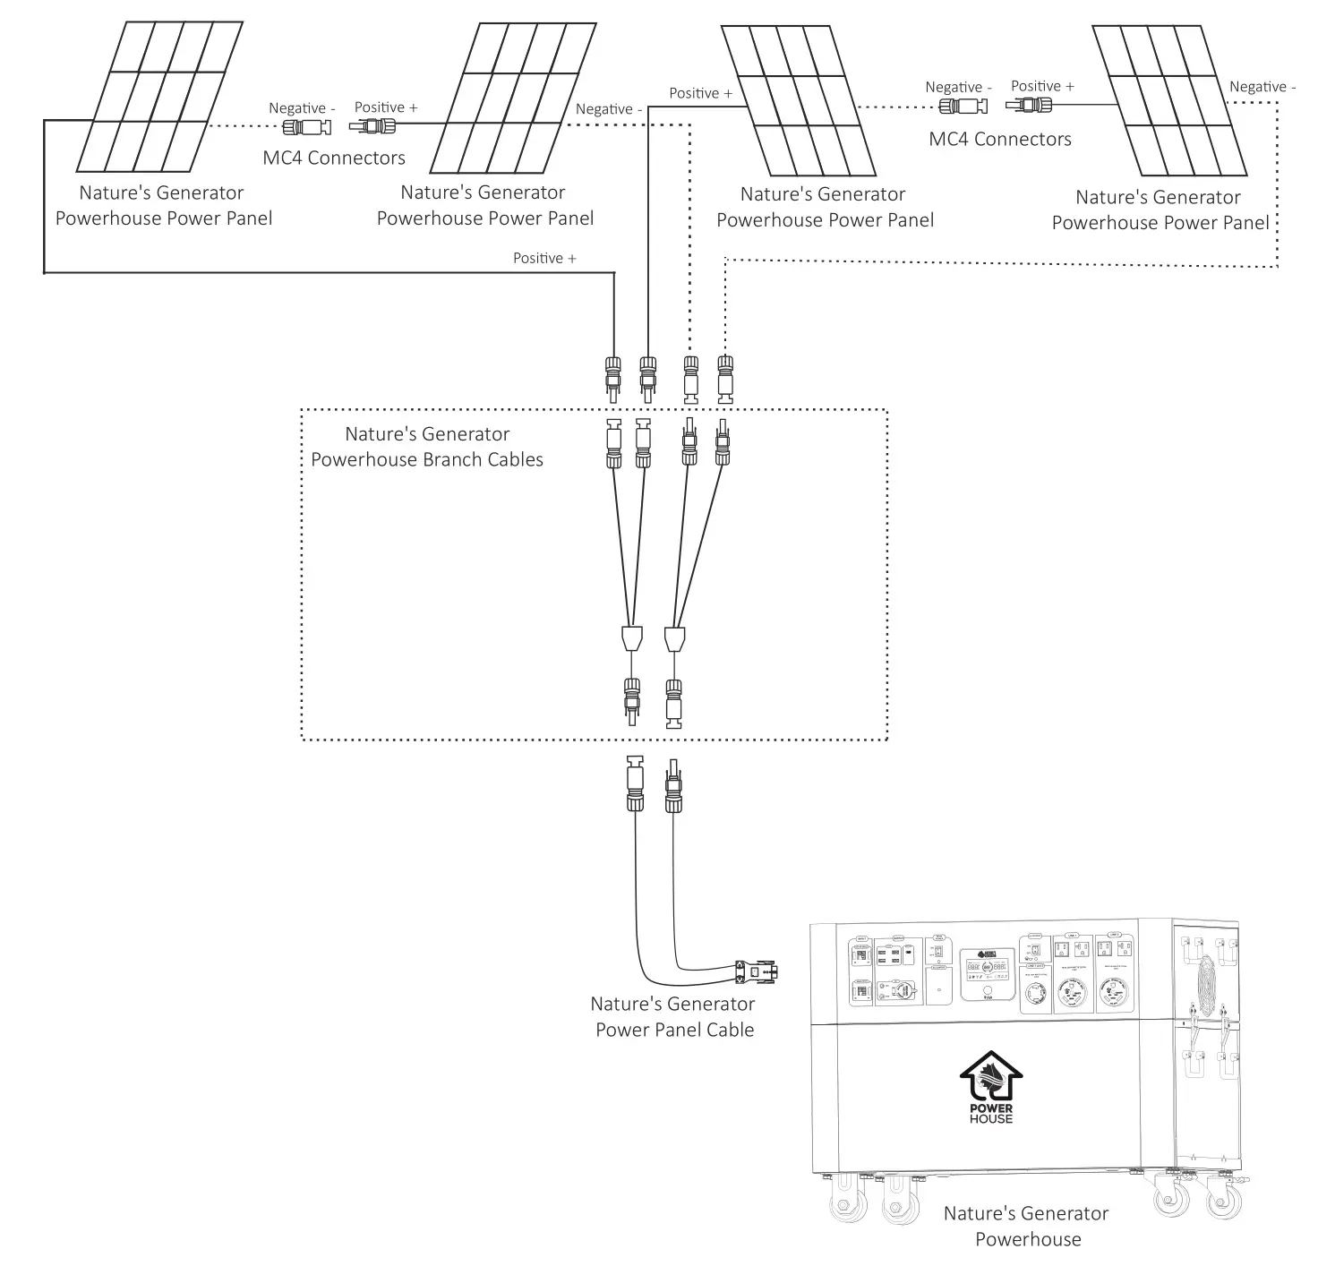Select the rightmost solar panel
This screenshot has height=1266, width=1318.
1169,101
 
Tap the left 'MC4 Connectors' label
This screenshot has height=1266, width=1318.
334,158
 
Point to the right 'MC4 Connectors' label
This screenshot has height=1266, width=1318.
999,140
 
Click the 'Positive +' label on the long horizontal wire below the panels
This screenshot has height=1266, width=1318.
544,258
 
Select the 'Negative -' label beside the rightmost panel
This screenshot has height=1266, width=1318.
1262,87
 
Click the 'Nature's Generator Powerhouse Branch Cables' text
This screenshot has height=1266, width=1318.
427,447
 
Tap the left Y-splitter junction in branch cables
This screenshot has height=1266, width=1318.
632,639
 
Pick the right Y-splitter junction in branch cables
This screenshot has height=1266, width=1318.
676,639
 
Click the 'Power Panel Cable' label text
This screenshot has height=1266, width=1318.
674,1017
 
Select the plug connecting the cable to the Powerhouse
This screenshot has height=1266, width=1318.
756,971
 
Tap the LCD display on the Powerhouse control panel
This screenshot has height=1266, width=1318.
986,969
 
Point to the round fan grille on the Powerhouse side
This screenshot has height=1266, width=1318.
1205,985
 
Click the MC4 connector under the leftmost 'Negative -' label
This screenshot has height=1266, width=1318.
307,128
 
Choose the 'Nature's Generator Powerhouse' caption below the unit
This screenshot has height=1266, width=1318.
1026,1227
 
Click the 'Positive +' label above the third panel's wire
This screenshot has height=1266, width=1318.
700,93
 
